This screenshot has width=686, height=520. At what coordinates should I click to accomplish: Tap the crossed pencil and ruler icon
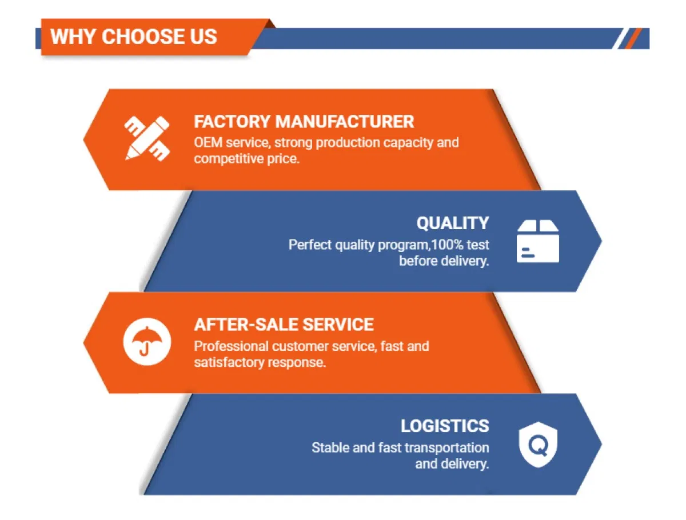pyautogui.click(x=147, y=138)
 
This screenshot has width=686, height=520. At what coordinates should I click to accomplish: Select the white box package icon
pyautogui.click(x=537, y=241)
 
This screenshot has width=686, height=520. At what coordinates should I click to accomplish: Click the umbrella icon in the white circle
pyautogui.click(x=147, y=341)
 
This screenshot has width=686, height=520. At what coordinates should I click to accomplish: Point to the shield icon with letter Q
pyautogui.click(x=538, y=444)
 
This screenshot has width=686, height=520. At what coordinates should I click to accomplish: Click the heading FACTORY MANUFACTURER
pyautogui.click(x=304, y=122)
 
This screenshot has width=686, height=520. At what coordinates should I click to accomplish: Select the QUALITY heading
pyautogui.click(x=453, y=223)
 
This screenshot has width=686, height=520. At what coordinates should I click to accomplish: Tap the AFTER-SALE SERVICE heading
pyautogui.click(x=284, y=324)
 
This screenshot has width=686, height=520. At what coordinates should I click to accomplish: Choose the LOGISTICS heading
pyautogui.click(x=445, y=426)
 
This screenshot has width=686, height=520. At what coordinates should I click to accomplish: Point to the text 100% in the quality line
pyautogui.click(x=447, y=245)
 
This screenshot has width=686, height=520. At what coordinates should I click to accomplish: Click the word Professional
pyautogui.click(x=232, y=346)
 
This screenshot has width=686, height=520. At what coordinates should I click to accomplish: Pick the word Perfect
pyautogui.click(x=310, y=245)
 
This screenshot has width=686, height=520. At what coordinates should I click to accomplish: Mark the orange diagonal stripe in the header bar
pyautogui.click(x=633, y=38)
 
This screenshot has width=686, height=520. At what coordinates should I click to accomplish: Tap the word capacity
pyautogui.click(x=408, y=143)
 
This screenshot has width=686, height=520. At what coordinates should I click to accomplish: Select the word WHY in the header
pyautogui.click(x=73, y=37)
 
